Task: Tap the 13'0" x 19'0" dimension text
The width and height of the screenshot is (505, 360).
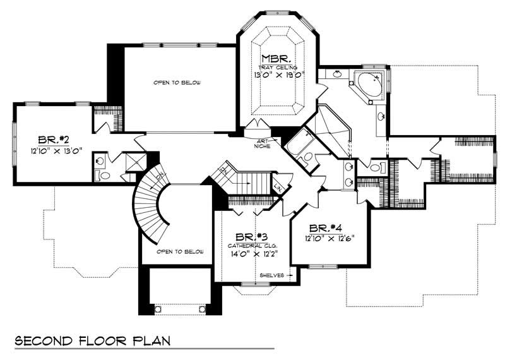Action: coord(278,74)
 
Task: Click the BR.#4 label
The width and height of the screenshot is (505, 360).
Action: coord(326,228)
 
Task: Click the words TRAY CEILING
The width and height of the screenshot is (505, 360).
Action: coord(278,66)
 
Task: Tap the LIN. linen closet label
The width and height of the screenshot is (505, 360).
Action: coord(278,185)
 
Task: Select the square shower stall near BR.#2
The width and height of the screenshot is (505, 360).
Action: coord(134,162)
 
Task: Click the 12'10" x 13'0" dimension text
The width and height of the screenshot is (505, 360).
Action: coord(55,152)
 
